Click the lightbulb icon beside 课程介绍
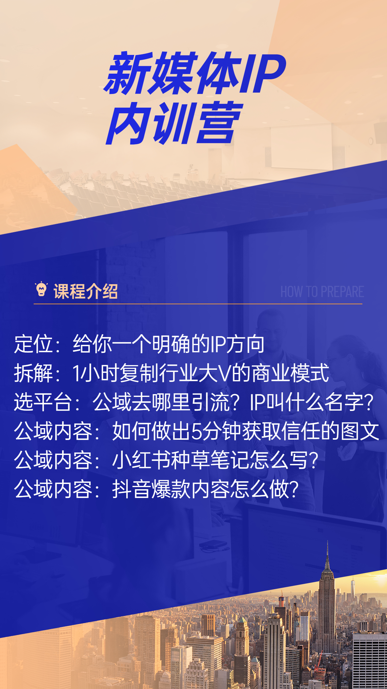[x=41, y=290]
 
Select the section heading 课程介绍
[x=86, y=291]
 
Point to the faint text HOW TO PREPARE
[x=322, y=292]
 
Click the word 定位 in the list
[x=33, y=344]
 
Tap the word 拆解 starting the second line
[x=33, y=373]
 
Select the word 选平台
[x=43, y=402]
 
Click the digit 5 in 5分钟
[x=197, y=431]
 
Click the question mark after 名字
[x=369, y=402]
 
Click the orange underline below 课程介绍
[x=198, y=304]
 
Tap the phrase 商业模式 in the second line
[x=290, y=373]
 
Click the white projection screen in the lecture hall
[x=301, y=145]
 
